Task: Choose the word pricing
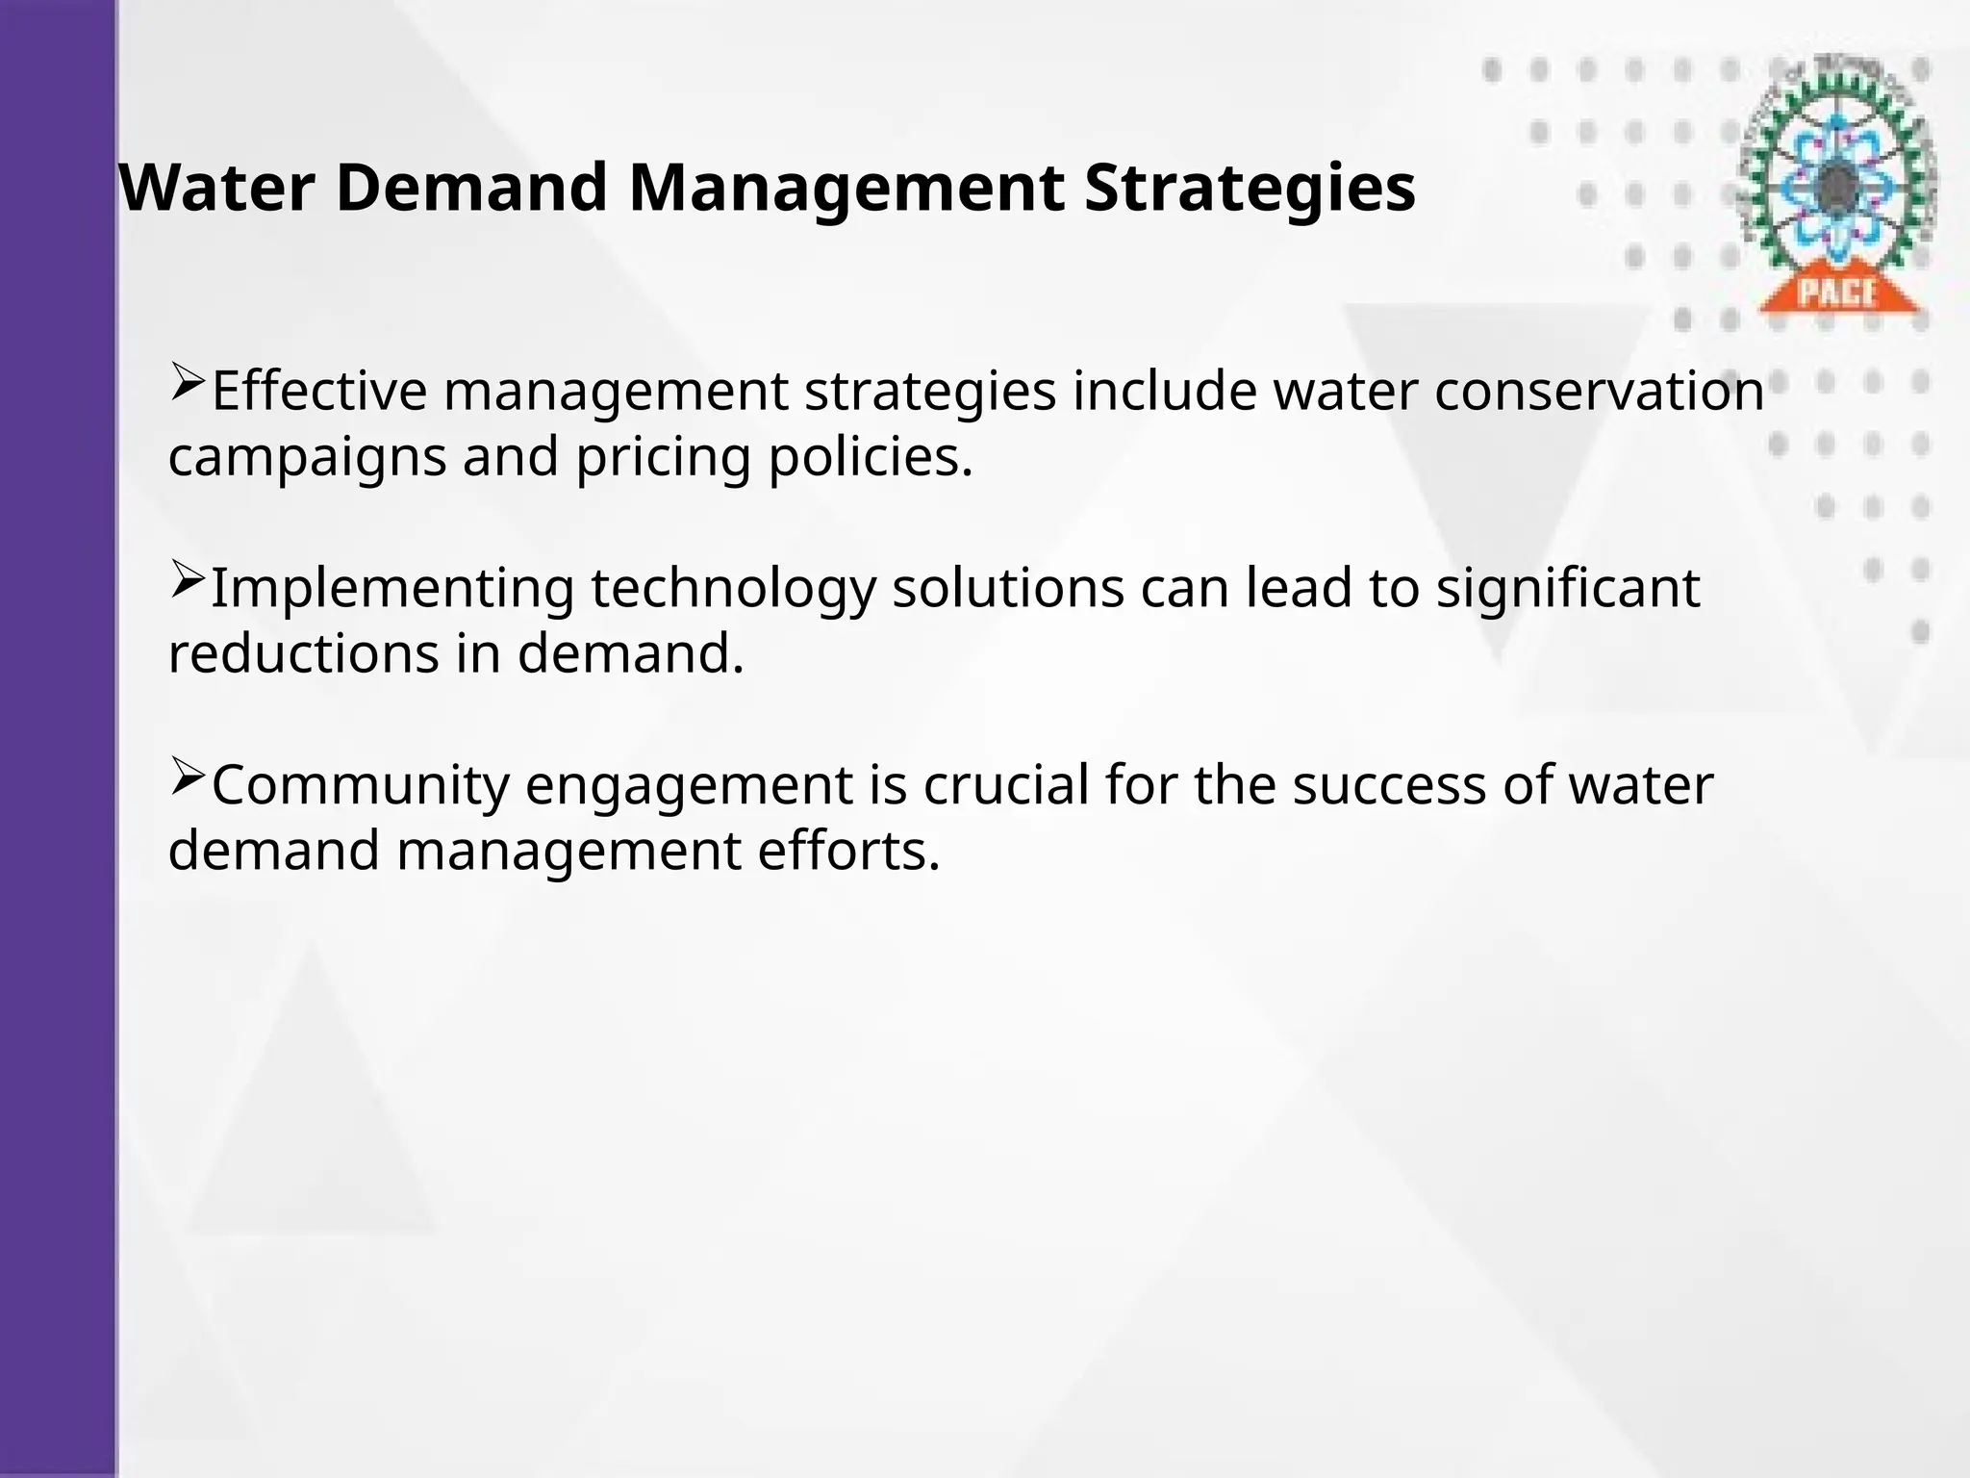coord(663,458)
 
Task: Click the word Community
coord(360,785)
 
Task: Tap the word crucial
coord(1006,785)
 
